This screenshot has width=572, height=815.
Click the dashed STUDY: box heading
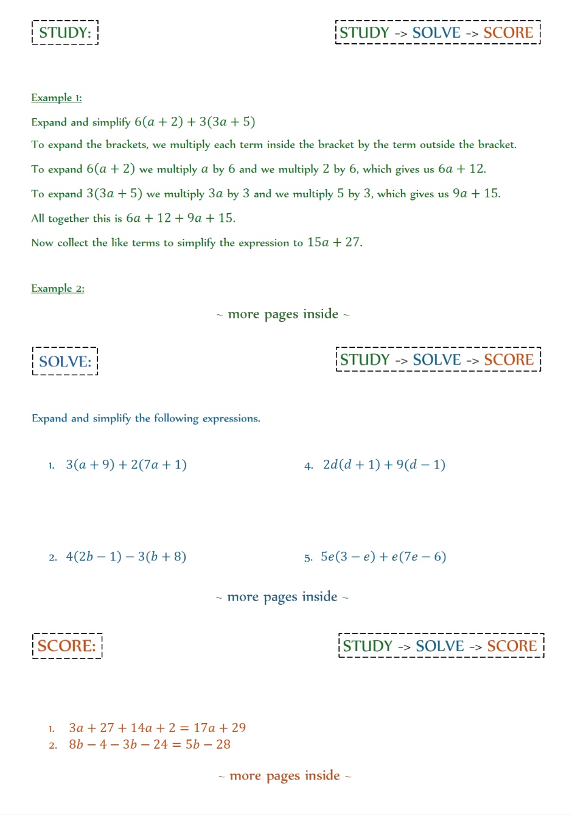(x=65, y=32)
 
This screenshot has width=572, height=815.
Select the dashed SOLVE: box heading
(x=65, y=361)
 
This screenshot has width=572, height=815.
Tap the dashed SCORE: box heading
(x=67, y=646)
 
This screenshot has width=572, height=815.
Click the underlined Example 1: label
(x=57, y=97)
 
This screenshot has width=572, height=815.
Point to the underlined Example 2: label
(x=58, y=288)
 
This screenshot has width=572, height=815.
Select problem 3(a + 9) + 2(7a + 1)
(x=126, y=465)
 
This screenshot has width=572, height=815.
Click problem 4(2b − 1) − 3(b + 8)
(x=126, y=556)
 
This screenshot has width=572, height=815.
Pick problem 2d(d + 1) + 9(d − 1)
(x=384, y=465)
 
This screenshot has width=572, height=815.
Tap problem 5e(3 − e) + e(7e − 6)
(x=383, y=556)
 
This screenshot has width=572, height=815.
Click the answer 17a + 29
(x=220, y=728)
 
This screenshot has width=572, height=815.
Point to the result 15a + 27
(x=334, y=242)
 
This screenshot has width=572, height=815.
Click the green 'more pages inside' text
(x=283, y=314)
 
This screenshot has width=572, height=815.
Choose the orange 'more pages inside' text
(x=285, y=775)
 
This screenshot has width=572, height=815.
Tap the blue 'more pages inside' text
(x=282, y=597)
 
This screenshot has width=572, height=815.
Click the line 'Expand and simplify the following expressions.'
(x=146, y=418)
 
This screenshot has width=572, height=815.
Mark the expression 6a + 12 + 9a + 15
(x=180, y=218)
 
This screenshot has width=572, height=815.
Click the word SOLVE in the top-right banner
(x=436, y=33)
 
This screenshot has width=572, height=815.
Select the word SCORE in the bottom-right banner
(x=512, y=646)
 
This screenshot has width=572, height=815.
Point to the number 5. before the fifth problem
(x=309, y=557)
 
